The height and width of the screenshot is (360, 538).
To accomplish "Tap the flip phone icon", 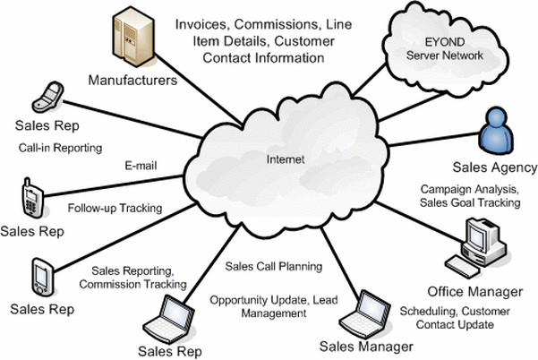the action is (x=48, y=98).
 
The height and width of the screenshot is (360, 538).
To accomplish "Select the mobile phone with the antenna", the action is (x=32, y=198).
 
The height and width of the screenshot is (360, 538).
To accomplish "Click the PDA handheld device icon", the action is (x=43, y=278).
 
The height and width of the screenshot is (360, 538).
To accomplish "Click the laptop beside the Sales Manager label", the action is (x=364, y=314).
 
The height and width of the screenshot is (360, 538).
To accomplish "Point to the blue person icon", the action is (x=496, y=131).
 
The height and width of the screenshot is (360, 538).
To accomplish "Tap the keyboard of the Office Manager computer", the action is (x=462, y=268).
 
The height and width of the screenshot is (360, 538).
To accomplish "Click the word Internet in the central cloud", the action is (x=286, y=159).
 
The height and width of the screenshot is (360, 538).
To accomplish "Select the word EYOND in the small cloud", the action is (x=445, y=42).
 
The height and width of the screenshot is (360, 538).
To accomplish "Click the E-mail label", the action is (x=141, y=166).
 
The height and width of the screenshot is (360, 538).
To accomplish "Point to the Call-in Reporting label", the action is (x=60, y=148).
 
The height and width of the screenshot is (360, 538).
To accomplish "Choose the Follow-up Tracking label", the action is (x=115, y=208).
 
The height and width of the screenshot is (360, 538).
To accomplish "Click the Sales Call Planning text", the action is (x=274, y=266).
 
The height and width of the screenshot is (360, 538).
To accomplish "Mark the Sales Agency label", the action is (x=495, y=167).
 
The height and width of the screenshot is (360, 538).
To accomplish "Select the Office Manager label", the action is (x=475, y=292).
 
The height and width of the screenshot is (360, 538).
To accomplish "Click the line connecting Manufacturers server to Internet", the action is (x=198, y=89).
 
